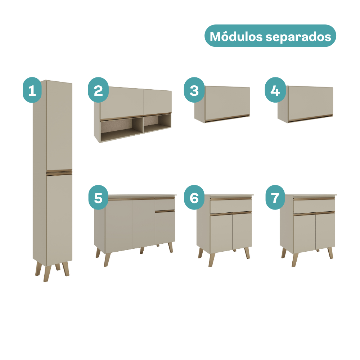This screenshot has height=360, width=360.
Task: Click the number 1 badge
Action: (x=32, y=90)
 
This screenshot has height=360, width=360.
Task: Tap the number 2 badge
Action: (x=98, y=90)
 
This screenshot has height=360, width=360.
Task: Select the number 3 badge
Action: (x=194, y=90)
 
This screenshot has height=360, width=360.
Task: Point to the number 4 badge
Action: (x=275, y=90)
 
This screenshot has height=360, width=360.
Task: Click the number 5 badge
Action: (x=98, y=197)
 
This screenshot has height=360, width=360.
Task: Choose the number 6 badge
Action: (x=194, y=197)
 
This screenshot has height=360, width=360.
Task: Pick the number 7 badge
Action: (x=275, y=197)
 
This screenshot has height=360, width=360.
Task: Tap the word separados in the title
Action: (x=298, y=37)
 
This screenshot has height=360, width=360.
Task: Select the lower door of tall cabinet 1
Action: (x=59, y=219)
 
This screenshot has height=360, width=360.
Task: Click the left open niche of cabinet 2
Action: (x=122, y=128)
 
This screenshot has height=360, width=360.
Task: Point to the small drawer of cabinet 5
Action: (x=165, y=204)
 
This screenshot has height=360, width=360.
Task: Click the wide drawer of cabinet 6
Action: (x=231, y=206)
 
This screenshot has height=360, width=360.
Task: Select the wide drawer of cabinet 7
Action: (x=314, y=206)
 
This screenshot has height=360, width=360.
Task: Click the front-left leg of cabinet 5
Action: (x=107, y=260)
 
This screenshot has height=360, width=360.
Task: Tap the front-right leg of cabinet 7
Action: (x=330, y=253)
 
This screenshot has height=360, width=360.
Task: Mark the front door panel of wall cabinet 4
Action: (x=310, y=103)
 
